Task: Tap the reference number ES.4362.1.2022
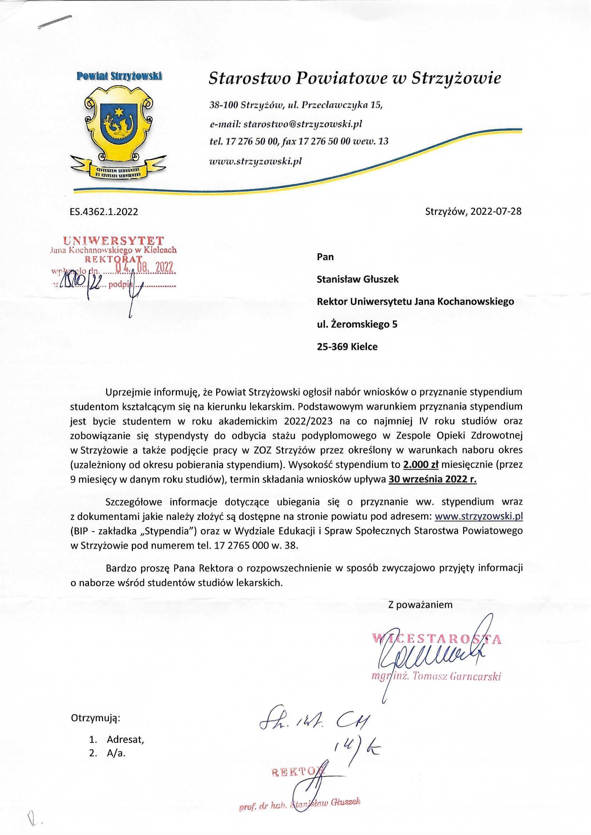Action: coord(104,212)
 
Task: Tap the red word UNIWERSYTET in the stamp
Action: coord(114,240)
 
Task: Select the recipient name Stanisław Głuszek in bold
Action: coord(358,279)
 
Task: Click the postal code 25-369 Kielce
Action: coord(347,346)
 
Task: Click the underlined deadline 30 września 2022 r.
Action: coord(433,479)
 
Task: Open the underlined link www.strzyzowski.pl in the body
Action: coord(479,516)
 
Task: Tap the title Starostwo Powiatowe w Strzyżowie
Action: coord(355,78)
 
